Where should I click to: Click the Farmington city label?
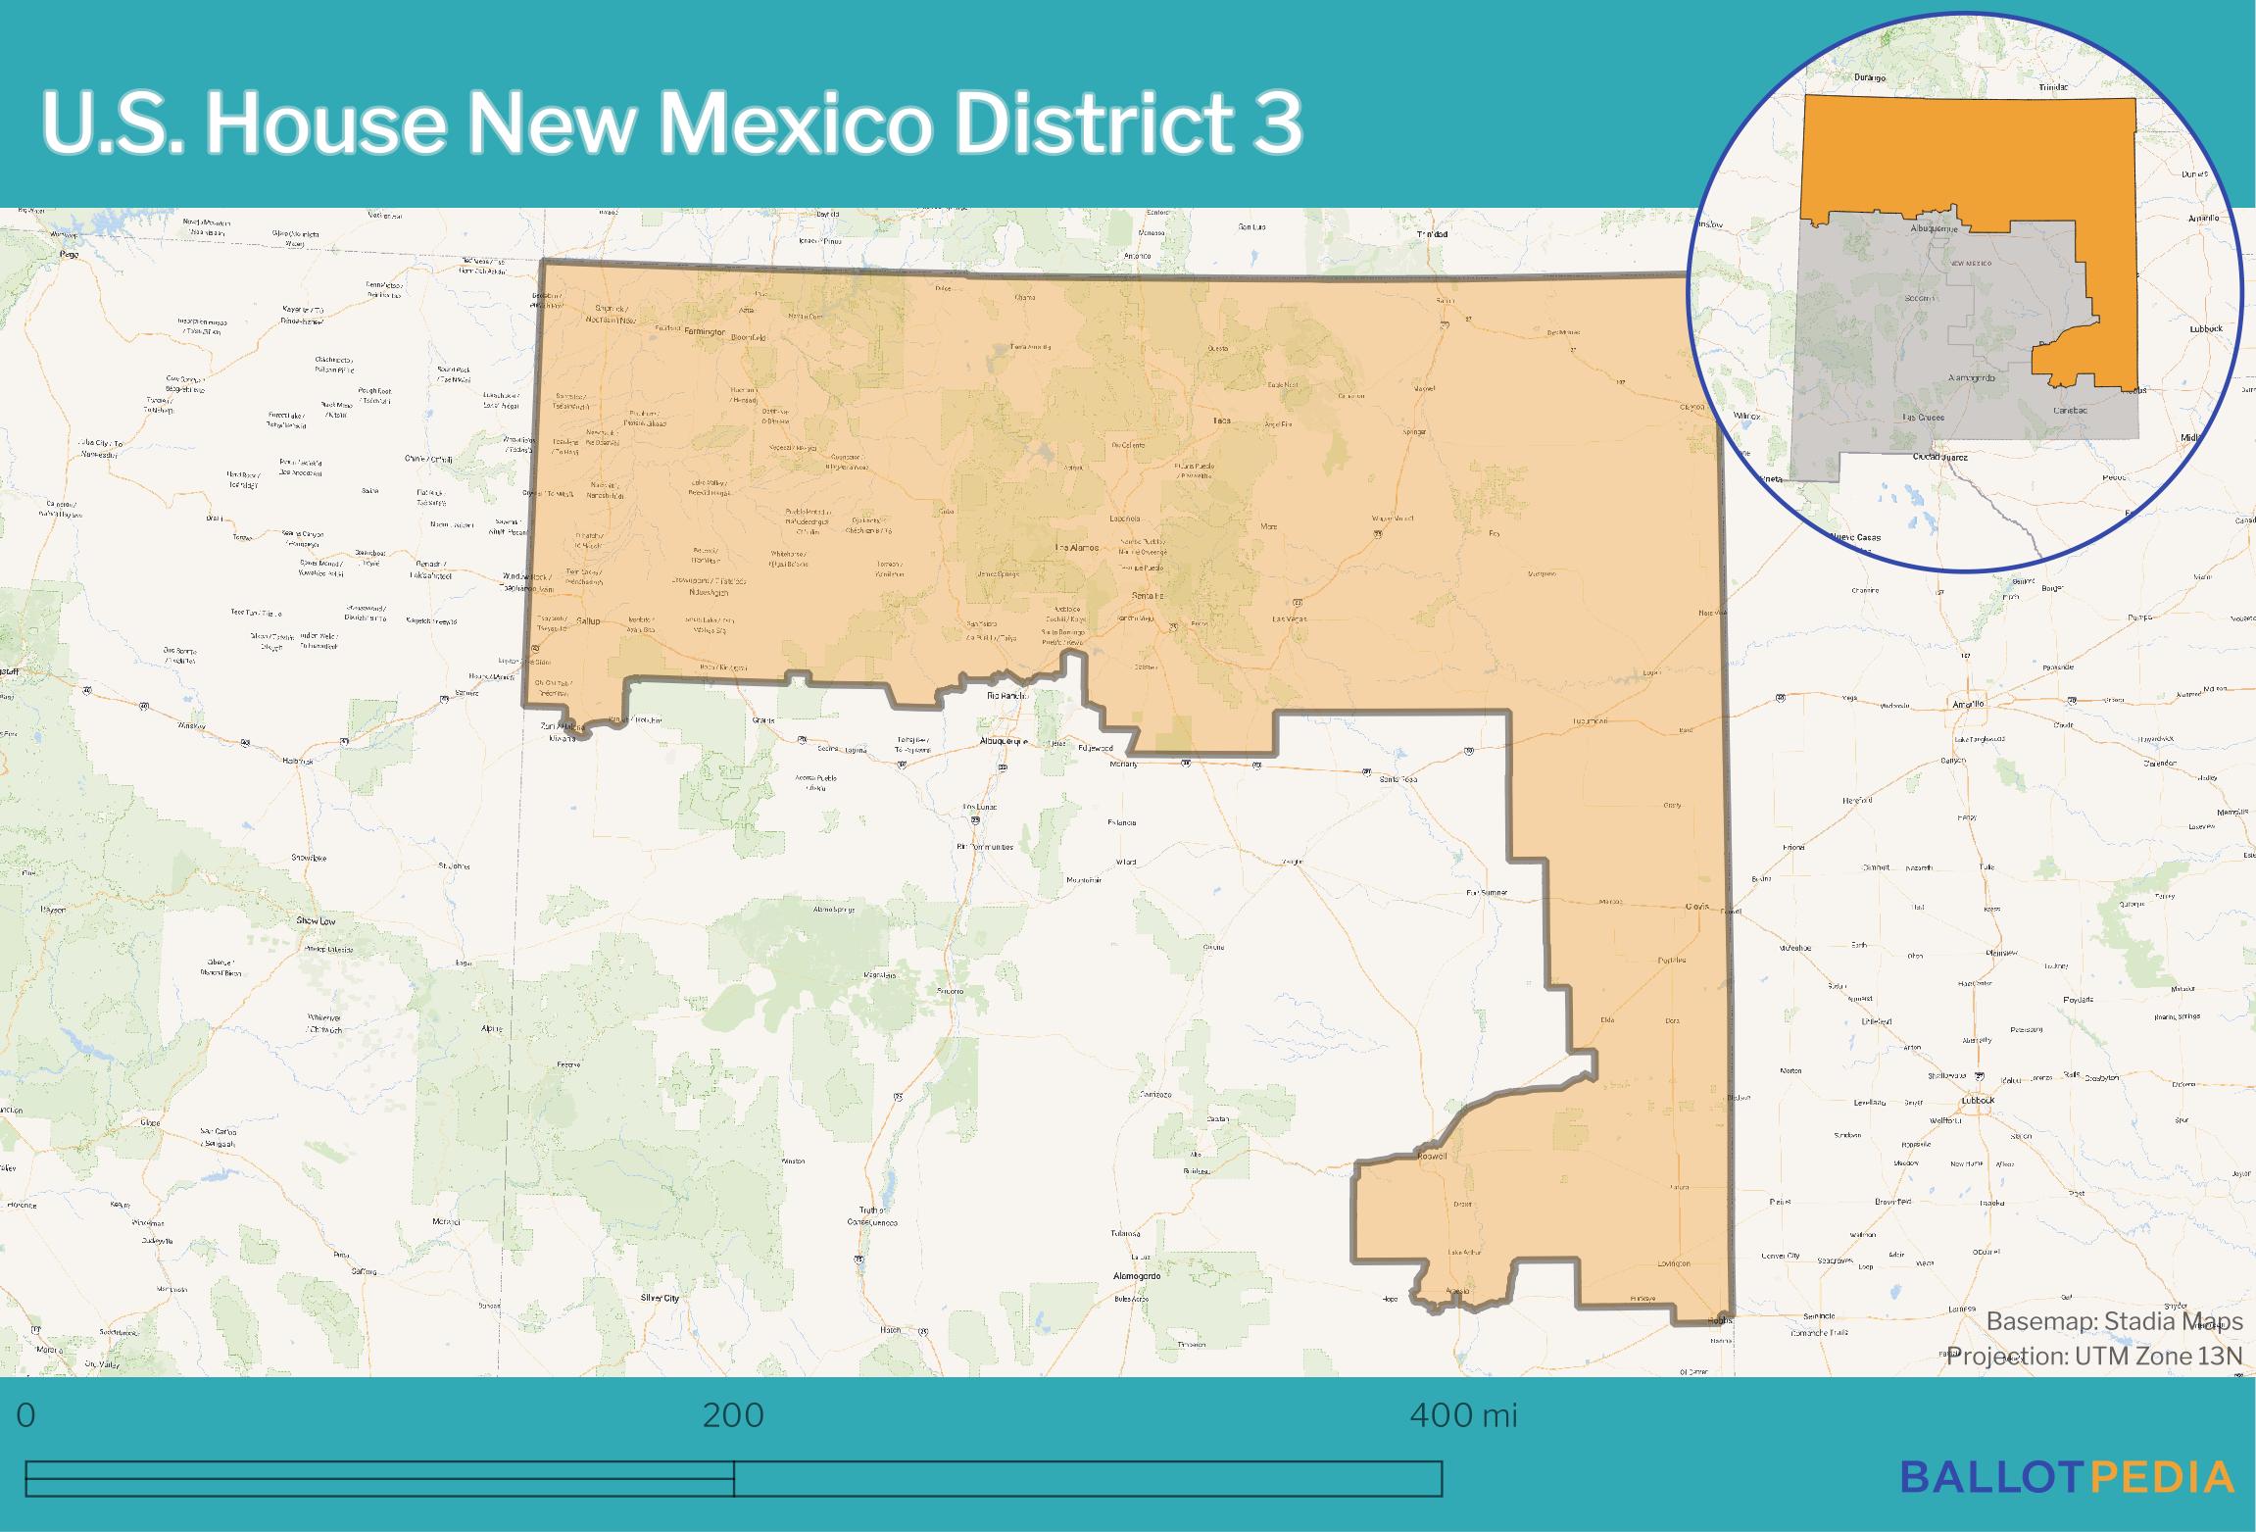(705, 332)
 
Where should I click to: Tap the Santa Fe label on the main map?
(1148, 596)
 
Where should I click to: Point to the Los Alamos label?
(1076, 547)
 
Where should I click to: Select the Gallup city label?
(587, 620)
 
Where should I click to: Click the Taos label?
(1221, 420)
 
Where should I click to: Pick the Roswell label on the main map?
(1432, 1157)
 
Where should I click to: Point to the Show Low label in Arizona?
(316, 921)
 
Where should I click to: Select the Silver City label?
(660, 1298)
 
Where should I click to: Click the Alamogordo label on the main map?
(1137, 1276)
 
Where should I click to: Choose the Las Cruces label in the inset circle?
(1923, 418)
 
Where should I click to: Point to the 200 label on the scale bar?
(733, 1415)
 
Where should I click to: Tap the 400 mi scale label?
(1463, 1415)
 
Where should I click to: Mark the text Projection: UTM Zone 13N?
(2094, 1357)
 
